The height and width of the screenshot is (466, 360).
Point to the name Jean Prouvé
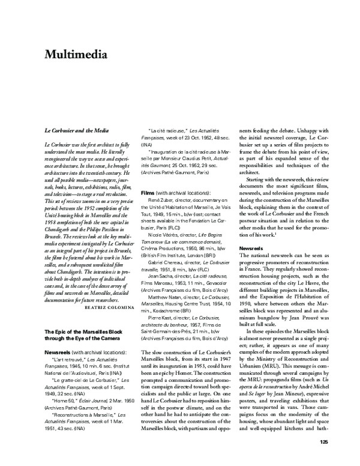pos(302,315)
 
